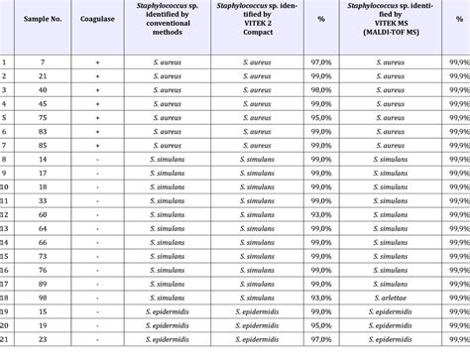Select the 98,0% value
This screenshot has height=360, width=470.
click(320, 104)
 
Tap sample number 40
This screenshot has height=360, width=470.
click(44, 104)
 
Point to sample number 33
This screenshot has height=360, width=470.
click(44, 199)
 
